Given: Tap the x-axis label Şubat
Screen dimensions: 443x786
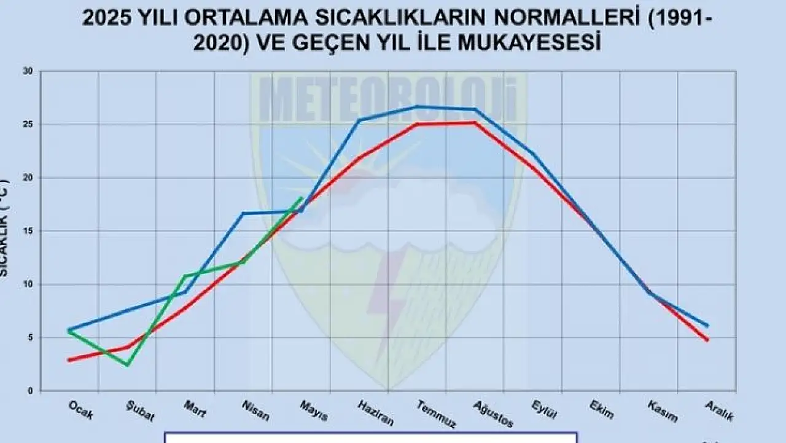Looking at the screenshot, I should [x=141, y=412].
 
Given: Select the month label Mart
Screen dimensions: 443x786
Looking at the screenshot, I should [x=195, y=409].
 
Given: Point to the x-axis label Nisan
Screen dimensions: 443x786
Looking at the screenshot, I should [x=256, y=411].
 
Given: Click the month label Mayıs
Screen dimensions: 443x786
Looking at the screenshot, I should [x=314, y=411].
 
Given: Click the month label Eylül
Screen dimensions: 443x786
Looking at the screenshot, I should [x=543, y=410].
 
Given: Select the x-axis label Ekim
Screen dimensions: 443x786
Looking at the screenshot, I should [x=601, y=410].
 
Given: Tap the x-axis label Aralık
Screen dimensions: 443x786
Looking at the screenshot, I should [x=720, y=411].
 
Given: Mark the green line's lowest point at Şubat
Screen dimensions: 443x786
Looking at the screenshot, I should [x=128, y=365].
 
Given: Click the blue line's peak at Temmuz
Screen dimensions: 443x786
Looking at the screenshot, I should [x=416, y=107].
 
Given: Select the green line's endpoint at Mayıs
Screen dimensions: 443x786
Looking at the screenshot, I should [x=302, y=197].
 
